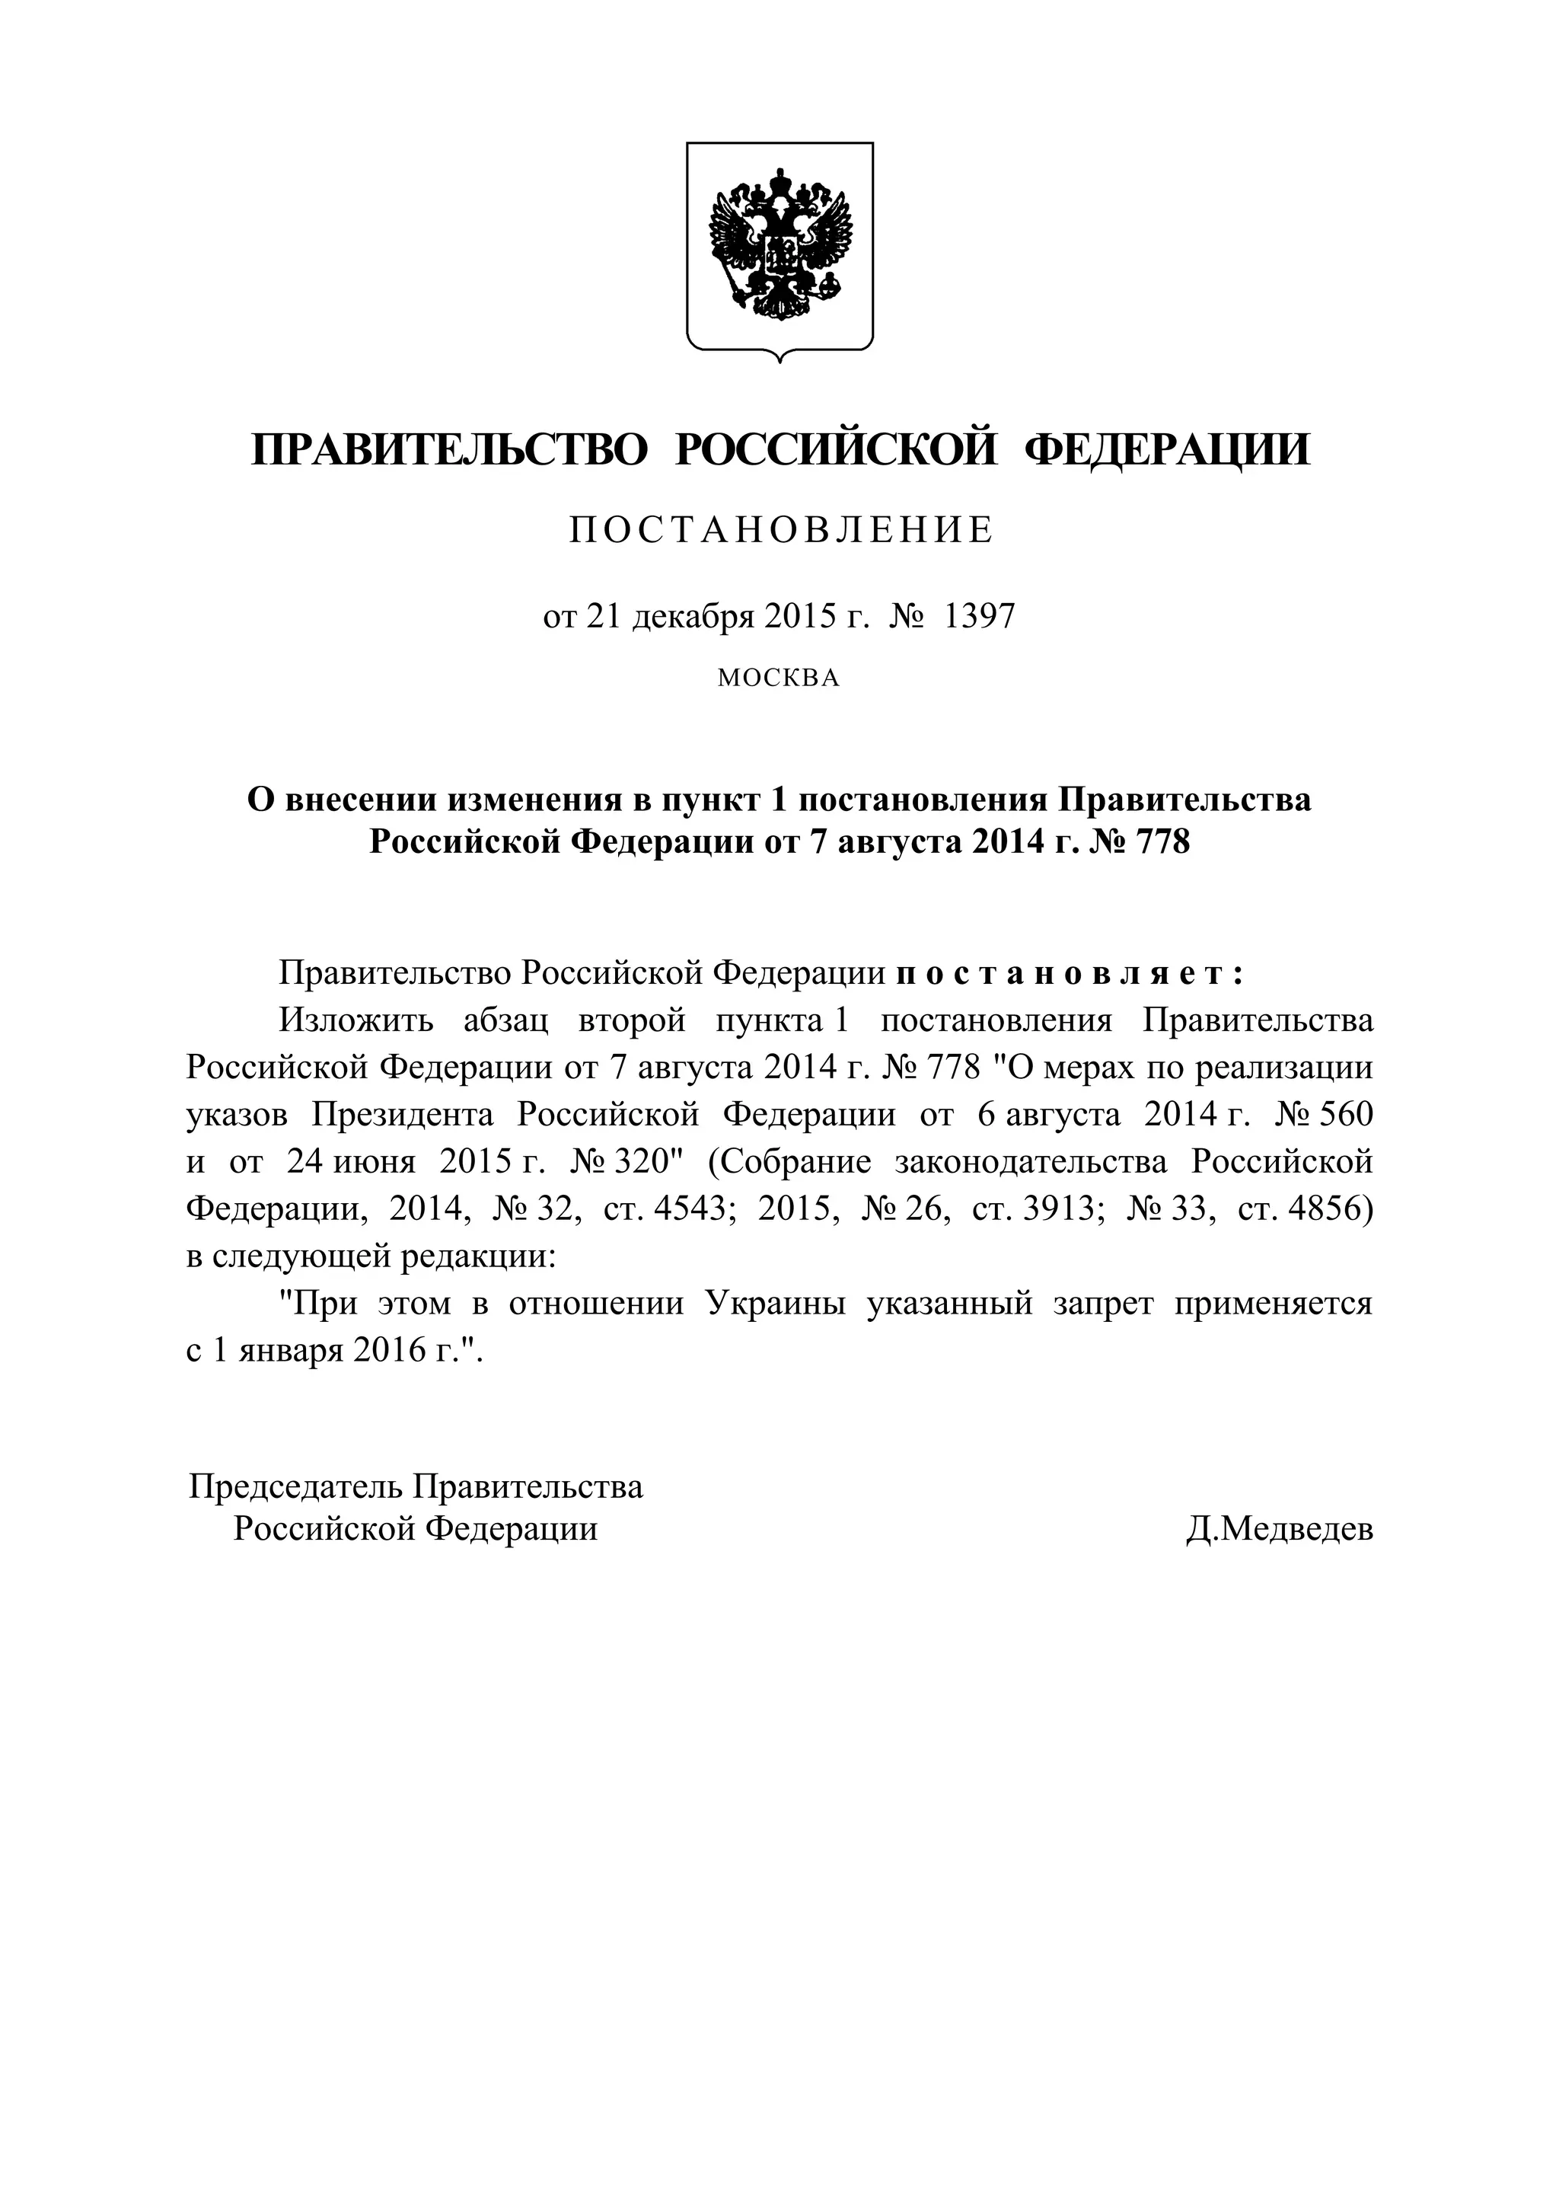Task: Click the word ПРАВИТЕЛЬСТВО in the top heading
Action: [450, 451]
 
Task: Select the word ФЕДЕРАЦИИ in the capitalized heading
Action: [1166, 451]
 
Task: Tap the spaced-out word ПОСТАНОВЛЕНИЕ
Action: [780, 530]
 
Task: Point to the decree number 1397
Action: [979, 616]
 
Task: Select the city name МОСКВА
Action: [779, 678]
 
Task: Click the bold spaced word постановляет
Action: [1069, 973]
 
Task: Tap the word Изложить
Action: [355, 1020]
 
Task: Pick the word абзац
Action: [506, 1020]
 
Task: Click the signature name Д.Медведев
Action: [1279, 1528]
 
